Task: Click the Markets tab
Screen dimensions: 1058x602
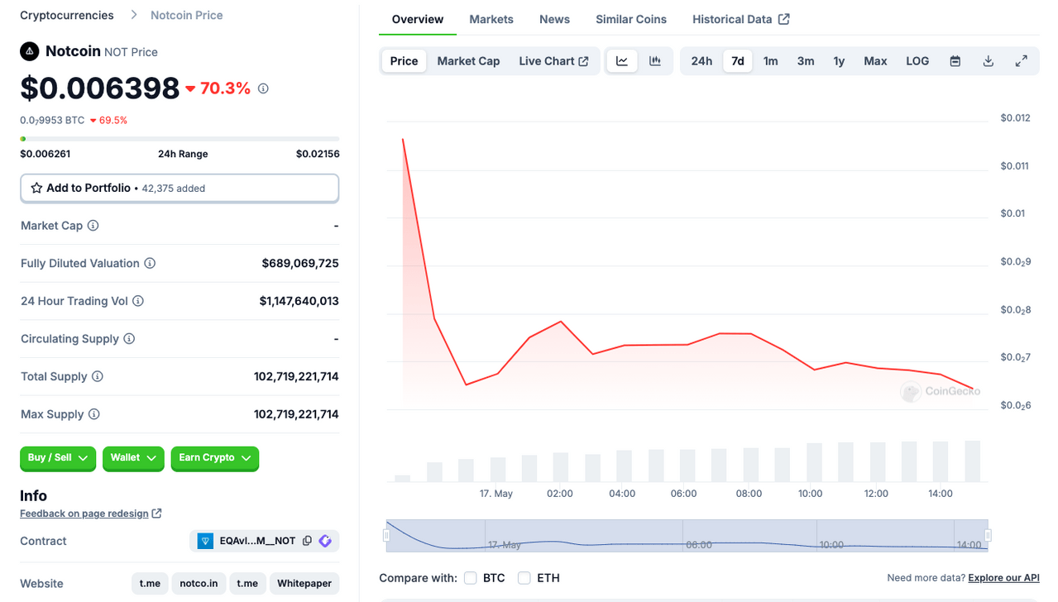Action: [x=491, y=19]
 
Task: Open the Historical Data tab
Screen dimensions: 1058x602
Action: [x=740, y=19]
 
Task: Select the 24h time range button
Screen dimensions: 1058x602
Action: [x=701, y=61]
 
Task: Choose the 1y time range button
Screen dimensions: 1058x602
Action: [x=838, y=61]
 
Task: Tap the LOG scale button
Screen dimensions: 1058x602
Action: [x=917, y=61]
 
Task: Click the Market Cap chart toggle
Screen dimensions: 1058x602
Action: [x=468, y=61]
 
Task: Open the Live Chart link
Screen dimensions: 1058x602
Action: [x=553, y=61]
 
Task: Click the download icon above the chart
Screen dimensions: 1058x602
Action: [x=988, y=61]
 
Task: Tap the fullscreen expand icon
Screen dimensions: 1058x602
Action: [x=1021, y=61]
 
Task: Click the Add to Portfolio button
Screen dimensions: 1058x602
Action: [x=180, y=189]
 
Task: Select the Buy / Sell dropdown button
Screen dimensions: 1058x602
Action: [x=58, y=458]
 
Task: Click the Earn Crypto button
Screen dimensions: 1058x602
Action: [x=215, y=458]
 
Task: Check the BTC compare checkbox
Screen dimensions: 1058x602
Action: [x=471, y=578]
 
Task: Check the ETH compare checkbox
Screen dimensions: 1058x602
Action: [x=524, y=578]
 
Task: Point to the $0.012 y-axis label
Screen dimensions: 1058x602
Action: [x=1015, y=118]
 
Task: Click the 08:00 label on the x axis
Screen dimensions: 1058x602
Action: [x=749, y=494]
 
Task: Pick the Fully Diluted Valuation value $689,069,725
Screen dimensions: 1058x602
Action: [x=300, y=264]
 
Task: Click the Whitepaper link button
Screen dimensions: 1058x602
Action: [x=304, y=584]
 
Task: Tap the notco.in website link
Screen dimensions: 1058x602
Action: [x=199, y=584]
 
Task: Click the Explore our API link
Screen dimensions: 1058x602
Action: [x=1003, y=578]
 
